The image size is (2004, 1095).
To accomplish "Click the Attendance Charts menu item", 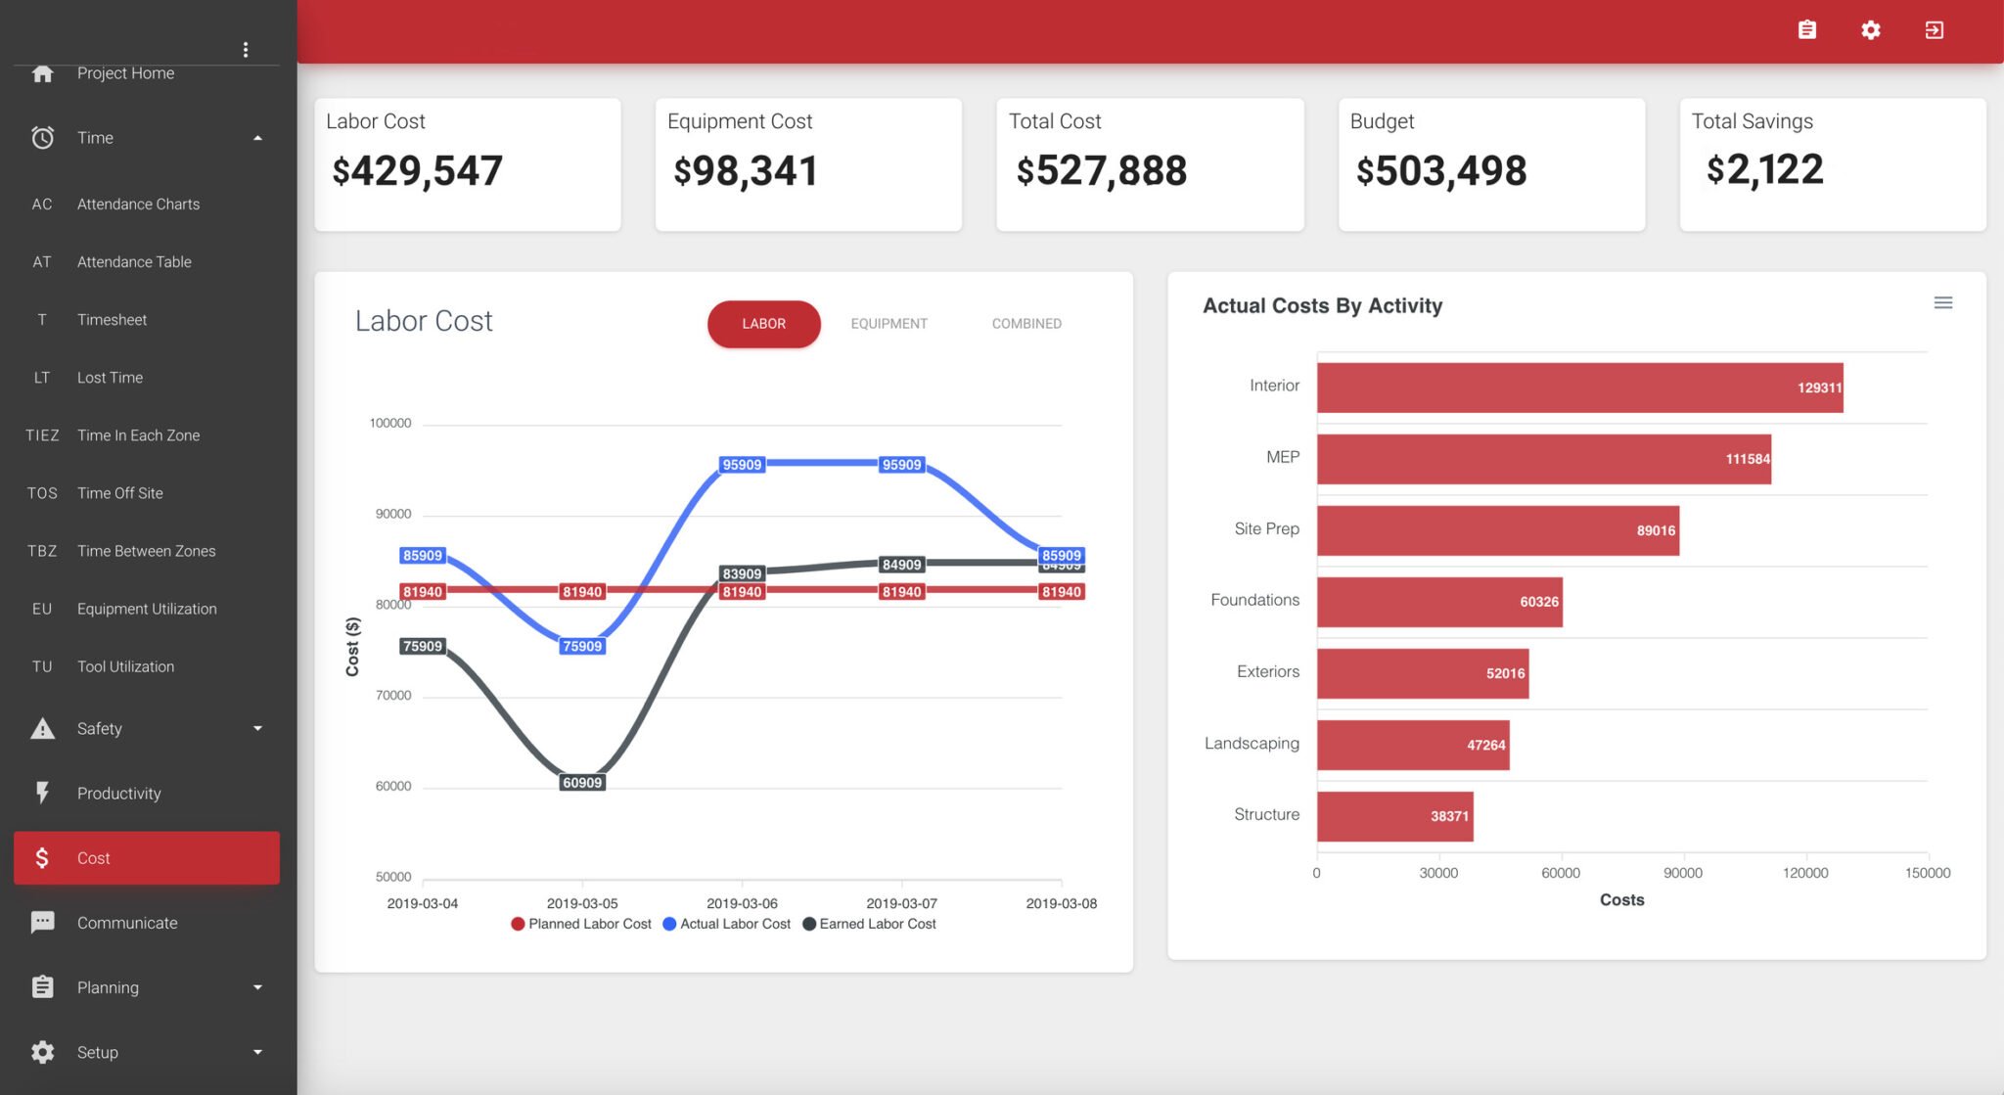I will [138, 204].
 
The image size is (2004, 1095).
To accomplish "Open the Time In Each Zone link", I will [138, 435].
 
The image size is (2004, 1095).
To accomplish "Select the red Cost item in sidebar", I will [147, 858].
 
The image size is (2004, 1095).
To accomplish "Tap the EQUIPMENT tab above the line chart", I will [888, 324].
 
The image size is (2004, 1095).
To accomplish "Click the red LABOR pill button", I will [763, 324].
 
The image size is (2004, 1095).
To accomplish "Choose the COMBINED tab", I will [1025, 324].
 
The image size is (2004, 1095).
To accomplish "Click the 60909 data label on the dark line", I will [582, 783].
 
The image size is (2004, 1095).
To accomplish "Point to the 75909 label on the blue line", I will [582, 646].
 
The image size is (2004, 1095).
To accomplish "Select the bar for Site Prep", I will [1497, 530].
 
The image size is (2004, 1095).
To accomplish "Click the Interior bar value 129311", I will [1818, 388].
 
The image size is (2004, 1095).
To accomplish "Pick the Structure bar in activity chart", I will [1394, 816].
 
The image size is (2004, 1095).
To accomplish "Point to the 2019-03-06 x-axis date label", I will [742, 903].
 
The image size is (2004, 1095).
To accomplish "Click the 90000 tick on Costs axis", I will [1682, 873].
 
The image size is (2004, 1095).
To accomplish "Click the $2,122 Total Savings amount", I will [1764, 170].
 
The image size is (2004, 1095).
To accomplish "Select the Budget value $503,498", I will [1440, 171].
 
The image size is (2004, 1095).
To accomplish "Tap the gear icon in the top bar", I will [1870, 30].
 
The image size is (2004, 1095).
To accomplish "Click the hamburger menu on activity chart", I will [1942, 303].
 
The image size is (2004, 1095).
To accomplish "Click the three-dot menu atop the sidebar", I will [246, 49].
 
